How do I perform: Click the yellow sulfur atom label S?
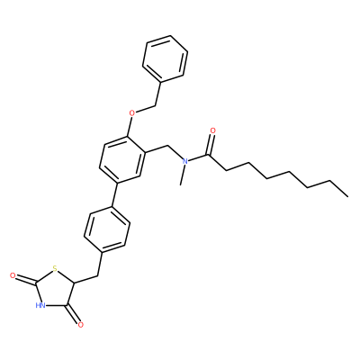pos(54,269)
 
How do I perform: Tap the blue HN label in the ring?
pos(40,306)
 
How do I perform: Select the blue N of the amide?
pos(185,161)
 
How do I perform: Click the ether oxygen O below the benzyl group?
pos(131,113)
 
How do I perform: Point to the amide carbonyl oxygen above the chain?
pos(213,130)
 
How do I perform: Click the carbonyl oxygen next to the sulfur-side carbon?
pos(13,275)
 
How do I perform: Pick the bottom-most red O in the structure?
pos(80,325)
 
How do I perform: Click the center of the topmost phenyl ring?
pos(165,58)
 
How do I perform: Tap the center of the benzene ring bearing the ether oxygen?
pos(123,159)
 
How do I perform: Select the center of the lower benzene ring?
pos(107,229)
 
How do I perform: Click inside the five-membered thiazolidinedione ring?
pos(53,291)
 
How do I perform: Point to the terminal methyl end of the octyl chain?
pos(348,197)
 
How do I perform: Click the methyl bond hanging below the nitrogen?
pos(183,175)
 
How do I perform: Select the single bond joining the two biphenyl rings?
pos(114,194)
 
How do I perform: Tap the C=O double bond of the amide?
pos(211,145)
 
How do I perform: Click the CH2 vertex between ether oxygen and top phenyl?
pos(156,105)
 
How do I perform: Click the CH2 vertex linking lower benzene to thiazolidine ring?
pos(97,275)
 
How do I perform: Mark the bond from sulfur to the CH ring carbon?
pos(66,276)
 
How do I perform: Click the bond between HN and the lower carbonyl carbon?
pos(57,306)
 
